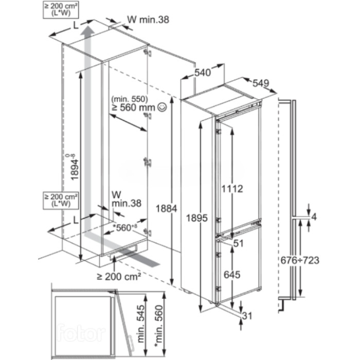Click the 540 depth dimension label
(x=203, y=74)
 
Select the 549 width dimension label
(x=261, y=84)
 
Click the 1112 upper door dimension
(x=232, y=189)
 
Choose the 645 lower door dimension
(x=232, y=275)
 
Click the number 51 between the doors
(x=237, y=244)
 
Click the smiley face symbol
(x=163, y=107)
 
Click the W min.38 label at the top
(x=148, y=20)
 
